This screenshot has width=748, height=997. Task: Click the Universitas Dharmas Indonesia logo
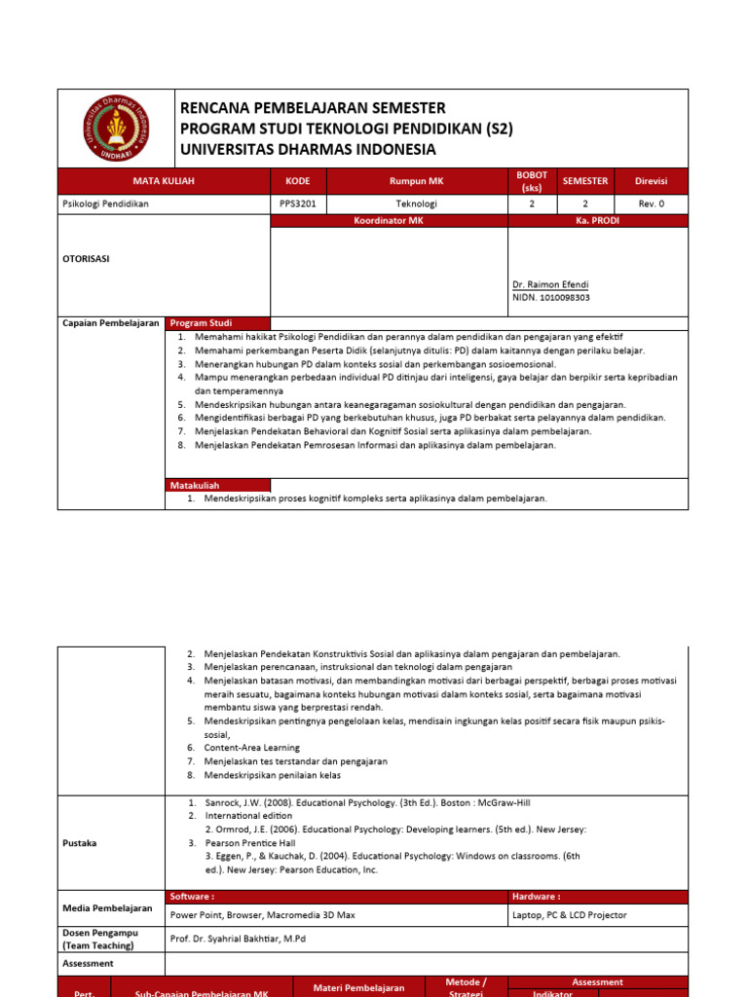point(116,128)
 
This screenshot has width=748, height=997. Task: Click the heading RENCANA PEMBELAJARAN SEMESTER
point(313,108)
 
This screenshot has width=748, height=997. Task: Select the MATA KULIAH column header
point(163,181)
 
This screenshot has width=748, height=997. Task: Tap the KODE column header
point(297,181)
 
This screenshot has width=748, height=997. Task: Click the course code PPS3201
point(297,204)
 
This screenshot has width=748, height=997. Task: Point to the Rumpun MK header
point(416,181)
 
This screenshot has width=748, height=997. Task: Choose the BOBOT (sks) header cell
point(531,181)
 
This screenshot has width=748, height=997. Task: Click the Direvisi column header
point(651,181)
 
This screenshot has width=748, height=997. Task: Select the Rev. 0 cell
point(651,204)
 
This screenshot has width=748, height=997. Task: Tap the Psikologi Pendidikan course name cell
point(106,204)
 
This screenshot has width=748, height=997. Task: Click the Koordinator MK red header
point(389,221)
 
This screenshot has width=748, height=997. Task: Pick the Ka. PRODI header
point(597,221)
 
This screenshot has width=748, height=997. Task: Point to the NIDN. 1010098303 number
point(551,298)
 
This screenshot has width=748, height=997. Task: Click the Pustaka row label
point(79,843)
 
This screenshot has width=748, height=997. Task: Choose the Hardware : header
point(536,897)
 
